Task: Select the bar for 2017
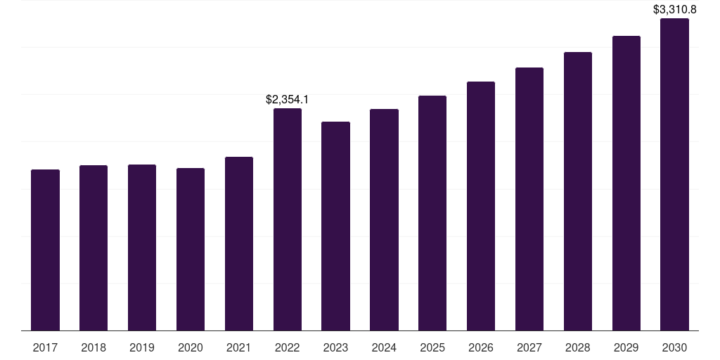(45, 250)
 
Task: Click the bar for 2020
(191, 250)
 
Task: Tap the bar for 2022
(288, 219)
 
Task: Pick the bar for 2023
(335, 226)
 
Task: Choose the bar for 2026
(481, 206)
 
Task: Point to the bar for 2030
(674, 174)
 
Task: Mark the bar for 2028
(578, 191)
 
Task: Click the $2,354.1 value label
(288, 100)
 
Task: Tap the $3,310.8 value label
(674, 9)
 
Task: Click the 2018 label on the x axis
(94, 348)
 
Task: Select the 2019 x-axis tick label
(142, 348)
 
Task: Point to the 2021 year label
(239, 348)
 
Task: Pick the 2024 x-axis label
(384, 348)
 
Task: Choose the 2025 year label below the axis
(432, 348)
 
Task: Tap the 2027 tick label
(529, 348)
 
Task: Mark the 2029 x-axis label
(626, 348)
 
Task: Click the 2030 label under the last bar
(674, 348)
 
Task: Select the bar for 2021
(239, 244)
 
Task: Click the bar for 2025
(432, 213)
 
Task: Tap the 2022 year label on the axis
(288, 348)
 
